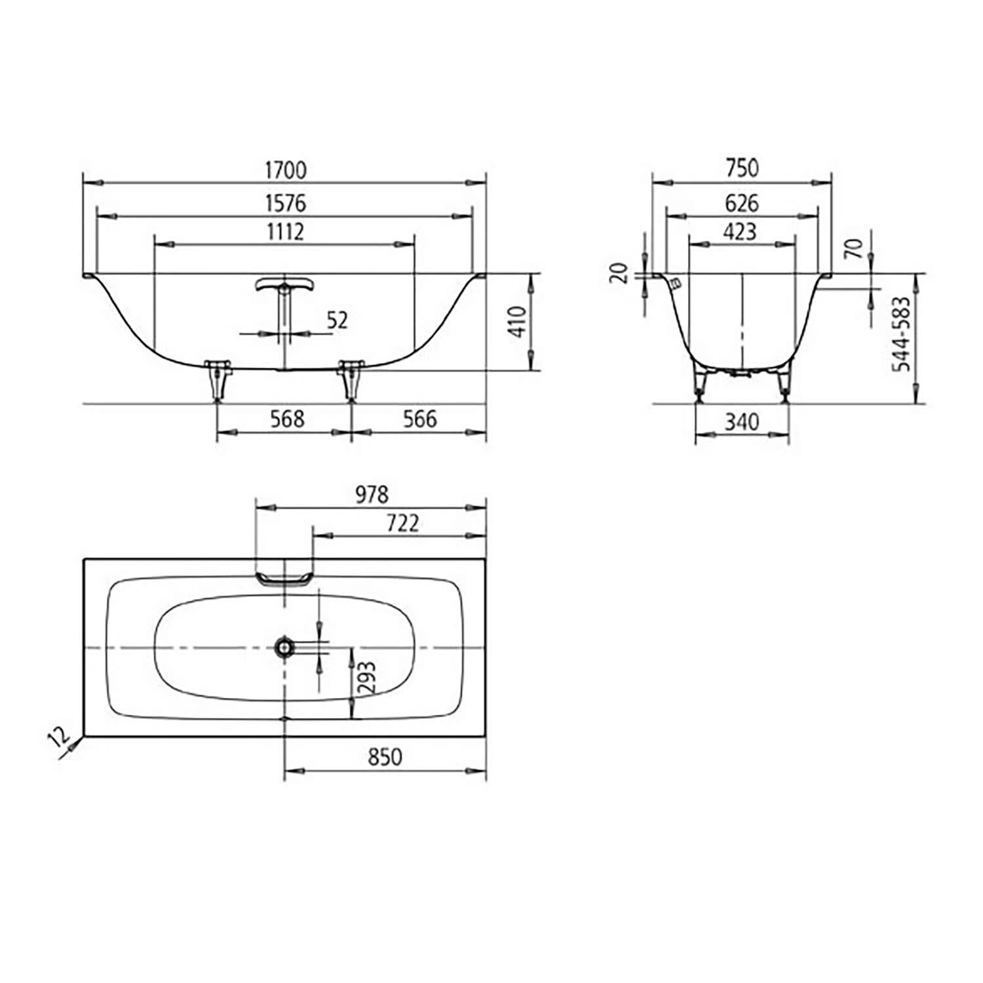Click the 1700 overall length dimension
285,170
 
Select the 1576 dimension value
285,203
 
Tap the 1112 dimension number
285,232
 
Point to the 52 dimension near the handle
337,320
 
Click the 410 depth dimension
518,321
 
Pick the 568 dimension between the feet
287,419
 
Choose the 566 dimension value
419,419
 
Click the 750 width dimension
742,168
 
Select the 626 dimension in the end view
742,203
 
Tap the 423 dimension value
741,232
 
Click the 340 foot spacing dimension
742,421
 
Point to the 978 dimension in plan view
372,495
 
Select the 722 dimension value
402,523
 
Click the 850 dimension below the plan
385,757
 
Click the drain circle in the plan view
284,647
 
